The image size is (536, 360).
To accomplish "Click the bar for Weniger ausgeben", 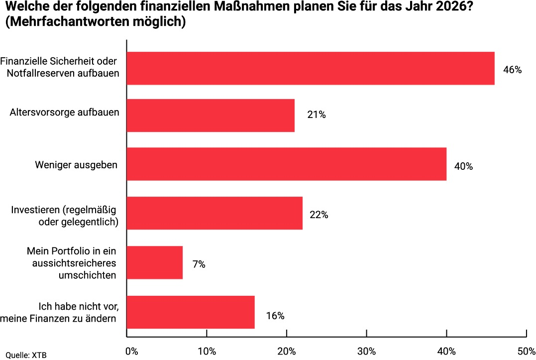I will (286, 164).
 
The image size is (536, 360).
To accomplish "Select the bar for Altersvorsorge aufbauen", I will (211, 115).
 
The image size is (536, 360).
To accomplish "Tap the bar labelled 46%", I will (311, 68).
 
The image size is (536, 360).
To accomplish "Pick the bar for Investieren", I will (214, 213).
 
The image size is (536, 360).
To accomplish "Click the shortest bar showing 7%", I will (155, 262).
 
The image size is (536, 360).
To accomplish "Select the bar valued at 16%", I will (191, 312).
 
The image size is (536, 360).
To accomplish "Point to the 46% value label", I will (512, 70).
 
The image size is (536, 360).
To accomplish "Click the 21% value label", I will (317, 116).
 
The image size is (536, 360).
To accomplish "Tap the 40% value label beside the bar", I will (463, 167).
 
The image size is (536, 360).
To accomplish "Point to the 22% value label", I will (319, 215).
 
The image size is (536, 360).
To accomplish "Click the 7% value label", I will (199, 264).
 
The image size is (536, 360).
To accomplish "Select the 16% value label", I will (275, 316).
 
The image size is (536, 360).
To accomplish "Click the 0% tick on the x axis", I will (131, 352).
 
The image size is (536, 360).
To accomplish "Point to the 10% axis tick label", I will (207, 352).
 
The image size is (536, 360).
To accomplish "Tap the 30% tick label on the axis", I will (366, 352).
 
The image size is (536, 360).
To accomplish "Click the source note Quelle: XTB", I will (26, 355).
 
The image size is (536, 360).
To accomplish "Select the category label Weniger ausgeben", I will (76, 165).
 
